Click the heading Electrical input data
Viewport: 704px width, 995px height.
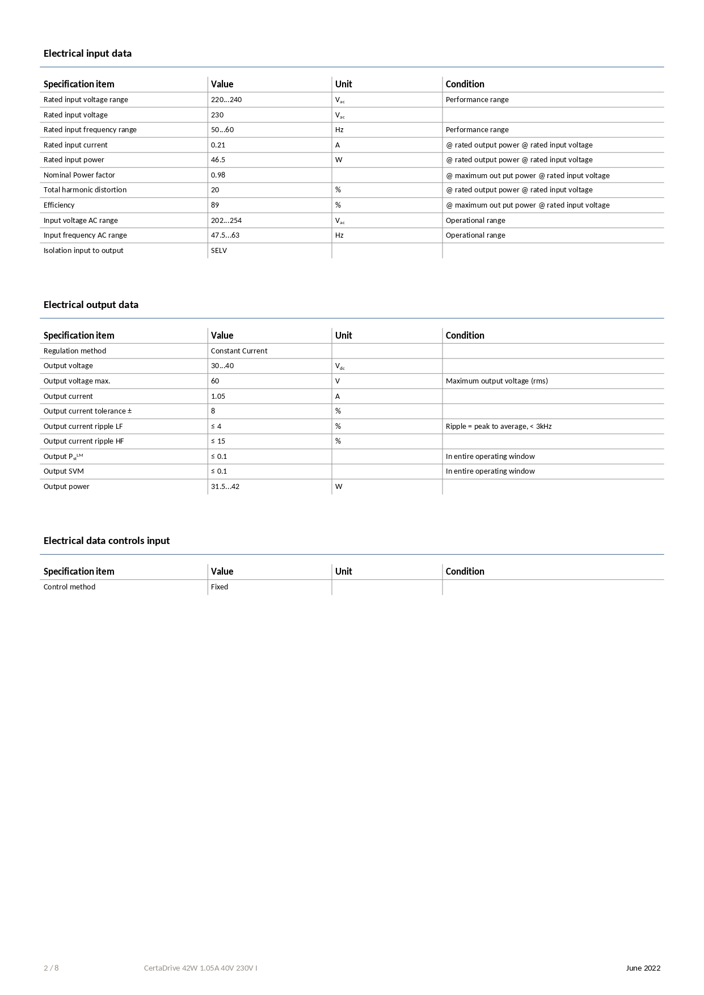[87, 53]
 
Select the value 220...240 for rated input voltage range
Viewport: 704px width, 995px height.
[226, 100]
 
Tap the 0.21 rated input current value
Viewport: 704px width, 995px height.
[218, 145]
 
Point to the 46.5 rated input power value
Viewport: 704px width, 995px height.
[218, 160]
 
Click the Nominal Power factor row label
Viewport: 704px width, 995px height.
[79, 175]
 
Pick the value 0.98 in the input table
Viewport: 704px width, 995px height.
[218, 175]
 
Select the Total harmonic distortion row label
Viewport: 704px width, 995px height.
[85, 190]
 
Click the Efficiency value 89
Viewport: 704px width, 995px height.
[215, 205]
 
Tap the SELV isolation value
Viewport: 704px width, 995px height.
[219, 251]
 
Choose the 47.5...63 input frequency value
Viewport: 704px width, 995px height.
[225, 235]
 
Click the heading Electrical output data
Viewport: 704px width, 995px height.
[91, 305]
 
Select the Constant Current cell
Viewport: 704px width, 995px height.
[239, 351]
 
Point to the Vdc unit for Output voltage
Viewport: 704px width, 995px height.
[340, 366]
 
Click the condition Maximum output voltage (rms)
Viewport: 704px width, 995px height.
[496, 381]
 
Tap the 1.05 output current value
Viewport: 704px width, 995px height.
[218, 397]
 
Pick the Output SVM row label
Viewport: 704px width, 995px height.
[64, 471]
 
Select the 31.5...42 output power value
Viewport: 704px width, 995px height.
[225, 487]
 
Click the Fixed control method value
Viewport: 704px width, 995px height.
[220, 587]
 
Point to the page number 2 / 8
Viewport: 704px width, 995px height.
[51, 968]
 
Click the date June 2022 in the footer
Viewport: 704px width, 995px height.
[643, 968]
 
